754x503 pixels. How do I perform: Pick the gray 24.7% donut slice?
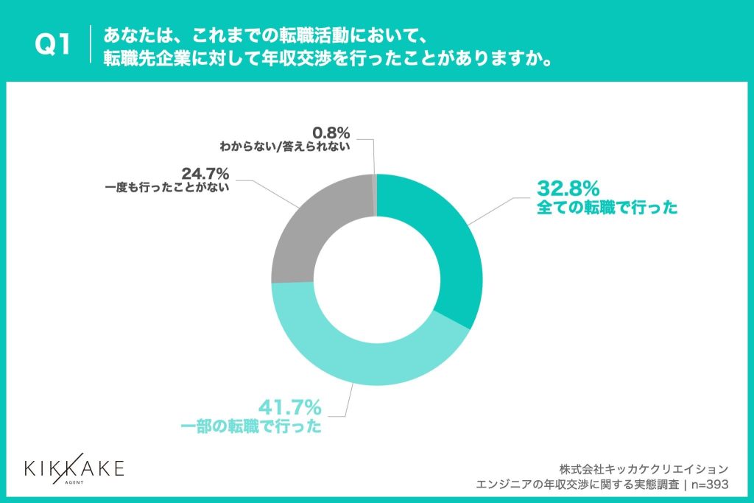[309, 228]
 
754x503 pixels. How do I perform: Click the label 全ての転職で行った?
[607, 208]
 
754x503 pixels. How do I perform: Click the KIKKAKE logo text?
[74, 468]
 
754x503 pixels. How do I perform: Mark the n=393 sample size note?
[706, 484]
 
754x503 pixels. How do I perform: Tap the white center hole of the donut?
[376, 280]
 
